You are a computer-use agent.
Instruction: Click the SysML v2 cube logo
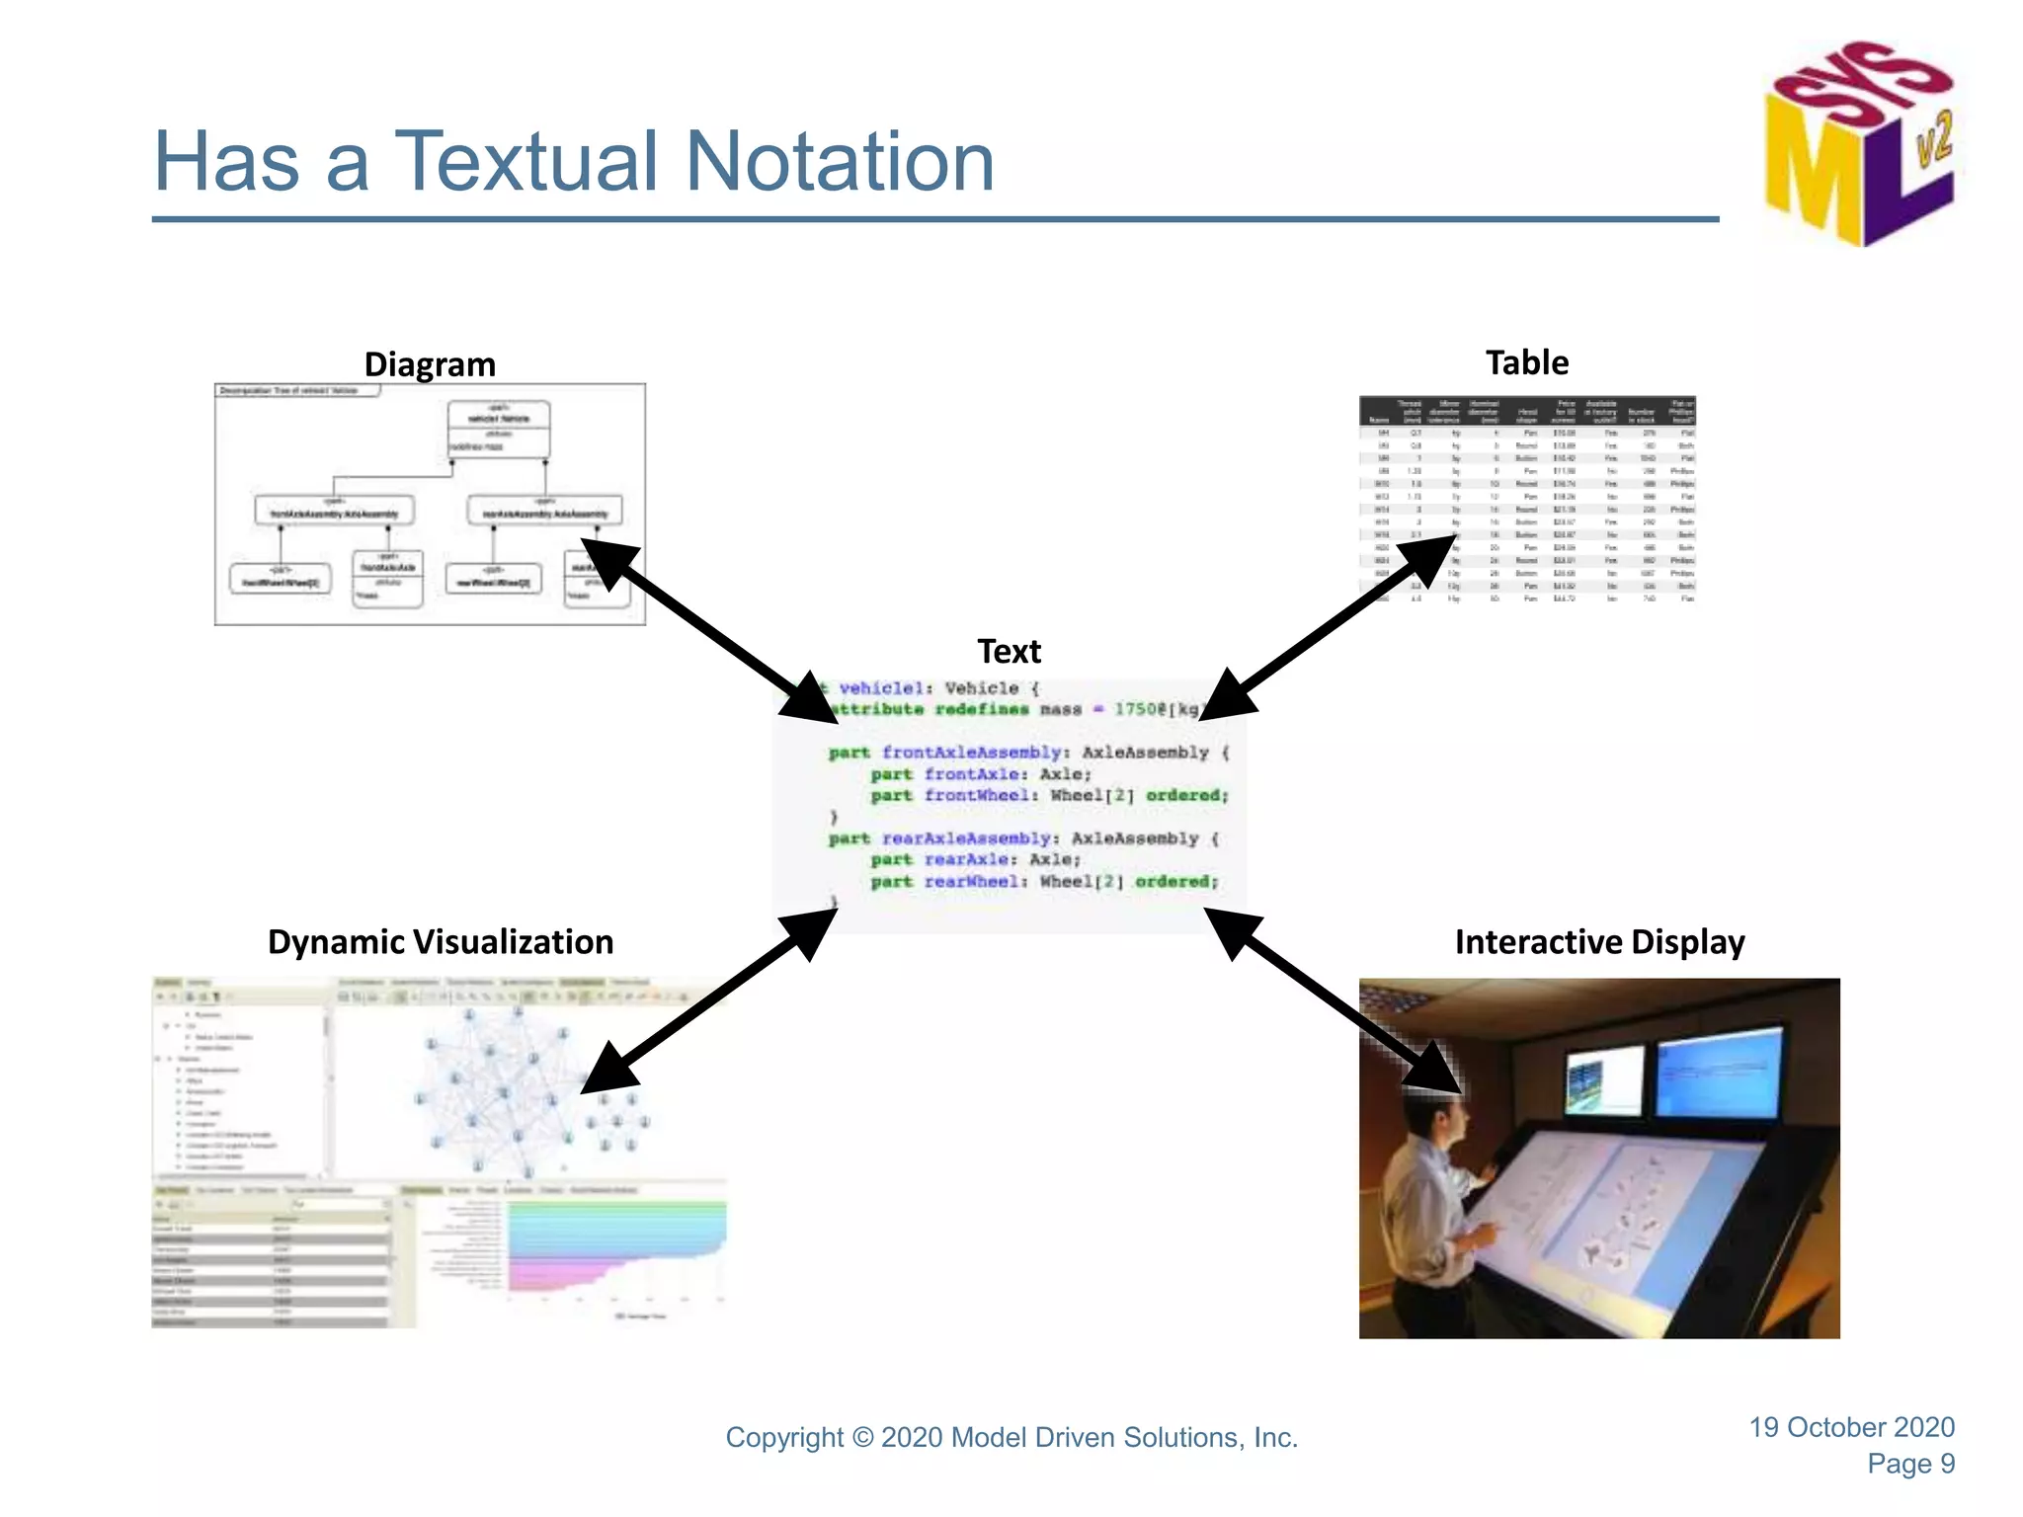1857,143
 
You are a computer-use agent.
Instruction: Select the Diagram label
430,364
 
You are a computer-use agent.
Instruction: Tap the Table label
1526,362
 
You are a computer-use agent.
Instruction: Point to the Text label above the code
1009,652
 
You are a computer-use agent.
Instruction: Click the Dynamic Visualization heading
441,942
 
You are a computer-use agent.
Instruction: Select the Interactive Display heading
1599,942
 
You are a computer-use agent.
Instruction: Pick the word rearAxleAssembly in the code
966,838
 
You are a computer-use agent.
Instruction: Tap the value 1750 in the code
1135,709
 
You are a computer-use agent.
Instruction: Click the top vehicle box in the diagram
499,429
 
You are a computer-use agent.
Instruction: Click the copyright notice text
1011,1438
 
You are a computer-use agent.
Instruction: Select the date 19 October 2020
1851,1427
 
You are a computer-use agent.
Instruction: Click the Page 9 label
1910,1464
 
